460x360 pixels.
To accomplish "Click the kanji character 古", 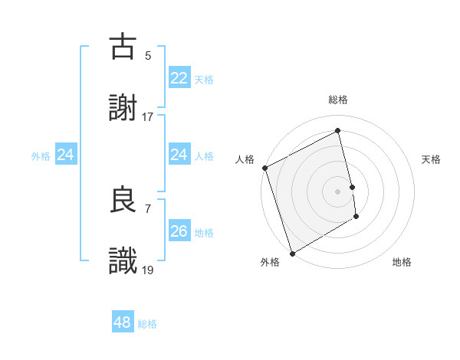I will click(123, 47).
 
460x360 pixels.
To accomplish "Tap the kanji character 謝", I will click(123, 109).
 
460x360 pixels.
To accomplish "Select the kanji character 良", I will click(123, 200).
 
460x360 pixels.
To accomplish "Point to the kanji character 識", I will click(123, 261).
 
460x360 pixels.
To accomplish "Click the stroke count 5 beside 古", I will click(148, 55).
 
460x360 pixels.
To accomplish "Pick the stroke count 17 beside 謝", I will click(148, 116).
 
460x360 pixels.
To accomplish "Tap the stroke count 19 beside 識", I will click(148, 269).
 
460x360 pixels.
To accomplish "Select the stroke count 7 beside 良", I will click(148, 208).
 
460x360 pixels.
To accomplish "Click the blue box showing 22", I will click(179, 78).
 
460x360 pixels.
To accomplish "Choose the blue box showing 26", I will click(179, 231).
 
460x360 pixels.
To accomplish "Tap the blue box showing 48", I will click(123, 322).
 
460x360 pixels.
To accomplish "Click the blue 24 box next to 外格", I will click(66, 155).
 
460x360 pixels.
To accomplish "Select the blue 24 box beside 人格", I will click(179, 155).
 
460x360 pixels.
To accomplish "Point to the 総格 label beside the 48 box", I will click(147, 324).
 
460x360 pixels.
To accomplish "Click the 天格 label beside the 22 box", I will click(203, 80).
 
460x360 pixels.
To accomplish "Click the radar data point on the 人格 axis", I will click(265, 168).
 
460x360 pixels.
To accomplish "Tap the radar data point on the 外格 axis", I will click(292, 253).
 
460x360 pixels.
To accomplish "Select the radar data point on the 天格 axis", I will click(352, 187).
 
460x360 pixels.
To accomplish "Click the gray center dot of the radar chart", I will click(338, 191).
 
